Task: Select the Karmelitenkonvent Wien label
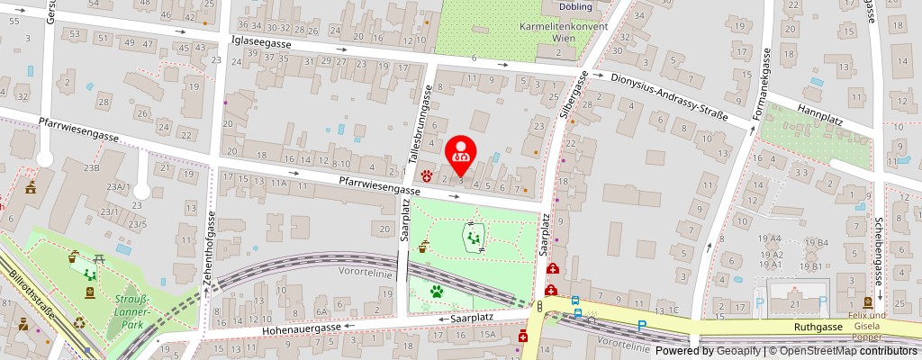(564, 32)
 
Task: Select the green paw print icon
(436, 292)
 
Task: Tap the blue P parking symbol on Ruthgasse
(642, 326)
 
